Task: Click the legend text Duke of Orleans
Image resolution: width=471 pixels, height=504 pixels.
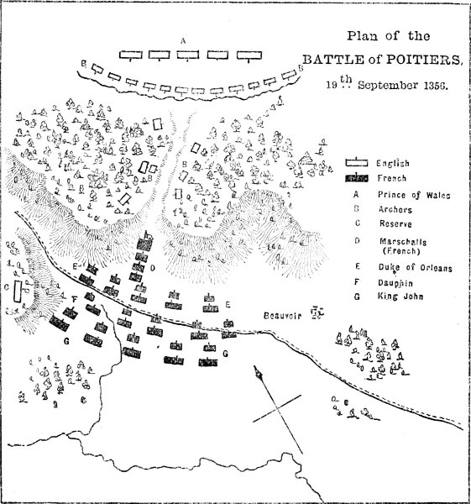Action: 414,268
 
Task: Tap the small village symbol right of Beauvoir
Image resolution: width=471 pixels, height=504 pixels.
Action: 317,313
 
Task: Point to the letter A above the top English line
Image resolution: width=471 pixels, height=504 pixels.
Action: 183,39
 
